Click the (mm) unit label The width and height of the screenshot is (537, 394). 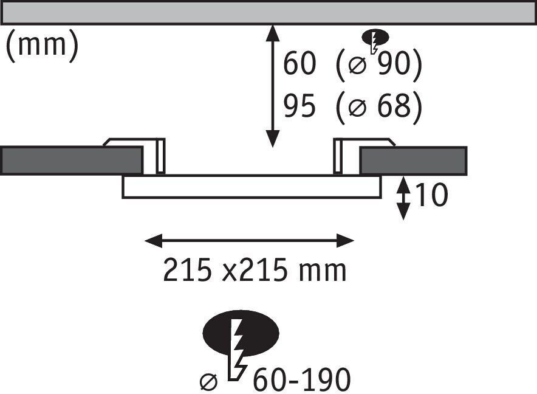point(42,46)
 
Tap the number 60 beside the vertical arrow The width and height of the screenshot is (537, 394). point(299,64)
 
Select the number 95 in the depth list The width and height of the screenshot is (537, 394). point(299,107)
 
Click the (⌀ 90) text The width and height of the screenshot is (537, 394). point(378,65)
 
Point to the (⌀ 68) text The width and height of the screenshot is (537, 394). point(378,107)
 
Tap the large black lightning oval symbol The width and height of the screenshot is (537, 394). point(242,333)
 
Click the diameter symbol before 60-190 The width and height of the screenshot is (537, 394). point(208,382)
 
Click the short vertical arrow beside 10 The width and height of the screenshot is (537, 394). point(402,198)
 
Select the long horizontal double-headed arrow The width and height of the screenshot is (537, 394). point(249,241)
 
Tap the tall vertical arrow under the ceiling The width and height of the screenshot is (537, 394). point(273,86)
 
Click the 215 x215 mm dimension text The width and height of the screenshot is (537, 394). point(255,271)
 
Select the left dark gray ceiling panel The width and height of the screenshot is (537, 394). point(71,161)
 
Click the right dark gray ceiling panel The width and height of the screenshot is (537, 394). point(413,161)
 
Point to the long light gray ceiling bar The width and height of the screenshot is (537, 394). point(267,12)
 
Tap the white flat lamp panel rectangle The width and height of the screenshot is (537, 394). point(251,187)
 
